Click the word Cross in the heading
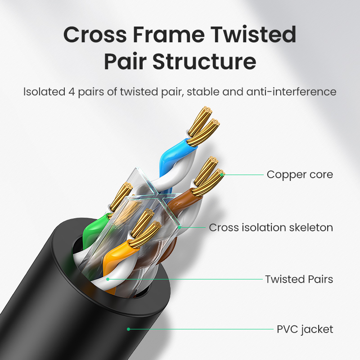(x=95, y=35)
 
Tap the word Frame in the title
(x=169, y=35)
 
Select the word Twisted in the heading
(x=253, y=35)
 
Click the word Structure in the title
(x=204, y=61)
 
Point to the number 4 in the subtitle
(x=72, y=92)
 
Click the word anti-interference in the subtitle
(x=291, y=92)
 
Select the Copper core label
(x=300, y=175)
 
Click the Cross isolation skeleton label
(x=271, y=228)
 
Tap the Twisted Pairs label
(x=299, y=279)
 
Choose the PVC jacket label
(x=305, y=329)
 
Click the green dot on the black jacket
(x=129, y=329)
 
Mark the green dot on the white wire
(x=108, y=279)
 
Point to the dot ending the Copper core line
(x=222, y=175)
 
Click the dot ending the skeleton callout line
(x=180, y=228)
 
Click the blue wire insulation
(x=173, y=156)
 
